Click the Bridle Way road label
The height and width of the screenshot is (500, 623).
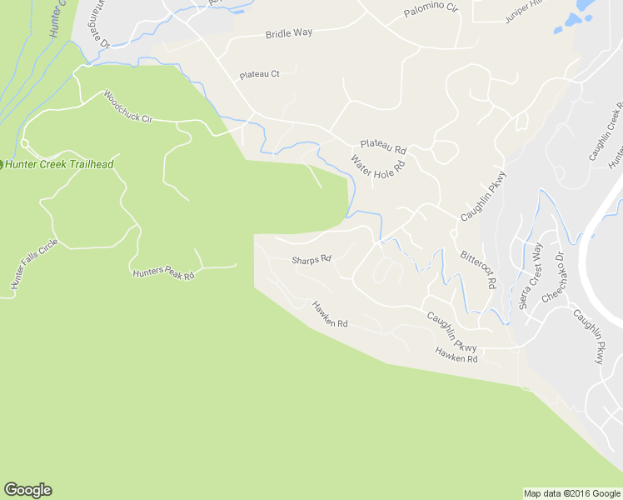(x=288, y=34)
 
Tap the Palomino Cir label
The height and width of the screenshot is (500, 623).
(x=431, y=12)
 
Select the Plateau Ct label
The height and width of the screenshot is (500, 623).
(x=259, y=74)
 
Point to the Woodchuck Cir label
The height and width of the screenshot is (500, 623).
(x=128, y=107)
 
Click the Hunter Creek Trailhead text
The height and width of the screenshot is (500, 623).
(x=59, y=164)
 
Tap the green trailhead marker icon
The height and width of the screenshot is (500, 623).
(x=2, y=164)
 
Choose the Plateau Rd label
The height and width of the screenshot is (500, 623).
(x=383, y=147)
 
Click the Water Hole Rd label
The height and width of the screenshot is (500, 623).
(x=377, y=165)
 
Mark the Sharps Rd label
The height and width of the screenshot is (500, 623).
(x=311, y=259)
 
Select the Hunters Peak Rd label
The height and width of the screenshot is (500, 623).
(x=163, y=273)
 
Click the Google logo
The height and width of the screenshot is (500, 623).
(x=27, y=490)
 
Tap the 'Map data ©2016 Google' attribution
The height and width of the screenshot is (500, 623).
(x=572, y=493)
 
